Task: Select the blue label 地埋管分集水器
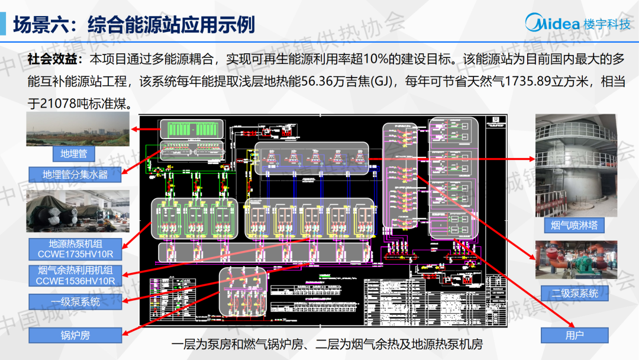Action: [75, 175]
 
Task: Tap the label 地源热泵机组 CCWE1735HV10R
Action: [75, 249]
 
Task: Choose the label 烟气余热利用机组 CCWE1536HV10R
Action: [75, 276]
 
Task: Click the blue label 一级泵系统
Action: [75, 302]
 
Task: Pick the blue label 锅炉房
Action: [75, 335]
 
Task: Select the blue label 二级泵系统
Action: [575, 293]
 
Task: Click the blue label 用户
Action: [574, 335]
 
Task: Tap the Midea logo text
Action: [553, 24]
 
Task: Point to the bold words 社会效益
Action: [52, 59]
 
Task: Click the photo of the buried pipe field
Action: [78, 129]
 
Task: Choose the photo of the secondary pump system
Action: [576, 259]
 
